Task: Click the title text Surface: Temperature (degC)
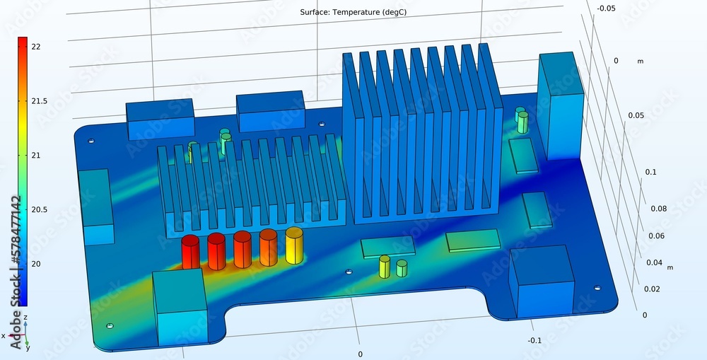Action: (353, 12)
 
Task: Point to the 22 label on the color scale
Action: (36, 47)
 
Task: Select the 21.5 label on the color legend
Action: (39, 101)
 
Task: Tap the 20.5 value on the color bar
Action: (39, 209)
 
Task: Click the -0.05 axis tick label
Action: (605, 8)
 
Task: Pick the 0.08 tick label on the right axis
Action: (658, 209)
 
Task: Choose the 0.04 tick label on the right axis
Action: (653, 263)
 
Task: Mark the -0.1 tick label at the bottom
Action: (535, 340)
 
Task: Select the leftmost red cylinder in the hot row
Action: (190, 252)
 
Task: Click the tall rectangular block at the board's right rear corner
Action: (561, 104)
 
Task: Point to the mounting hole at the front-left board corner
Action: (110, 326)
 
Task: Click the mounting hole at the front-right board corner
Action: (597, 288)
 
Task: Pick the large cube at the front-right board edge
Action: (542, 281)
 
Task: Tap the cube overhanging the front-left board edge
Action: (180, 308)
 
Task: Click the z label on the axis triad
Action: (25, 318)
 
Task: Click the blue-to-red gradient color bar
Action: (23, 170)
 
